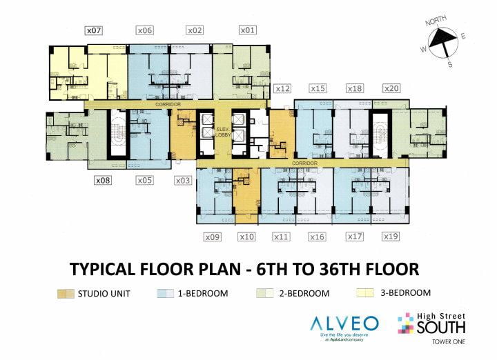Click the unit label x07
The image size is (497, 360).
tap(93, 30)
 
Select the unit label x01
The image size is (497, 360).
tap(248, 30)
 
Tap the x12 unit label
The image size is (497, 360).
tap(282, 88)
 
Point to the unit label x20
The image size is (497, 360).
tap(391, 88)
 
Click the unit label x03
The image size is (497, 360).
tap(183, 181)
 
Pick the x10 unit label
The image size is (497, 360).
tap(246, 237)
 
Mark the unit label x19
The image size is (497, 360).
tap(391, 237)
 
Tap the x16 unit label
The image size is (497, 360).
tap(317, 237)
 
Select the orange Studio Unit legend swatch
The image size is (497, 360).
tap(67, 293)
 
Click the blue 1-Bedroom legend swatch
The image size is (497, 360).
tap(165, 293)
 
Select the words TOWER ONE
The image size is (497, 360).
tap(449, 341)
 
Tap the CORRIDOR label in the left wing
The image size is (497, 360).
tap(167, 104)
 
